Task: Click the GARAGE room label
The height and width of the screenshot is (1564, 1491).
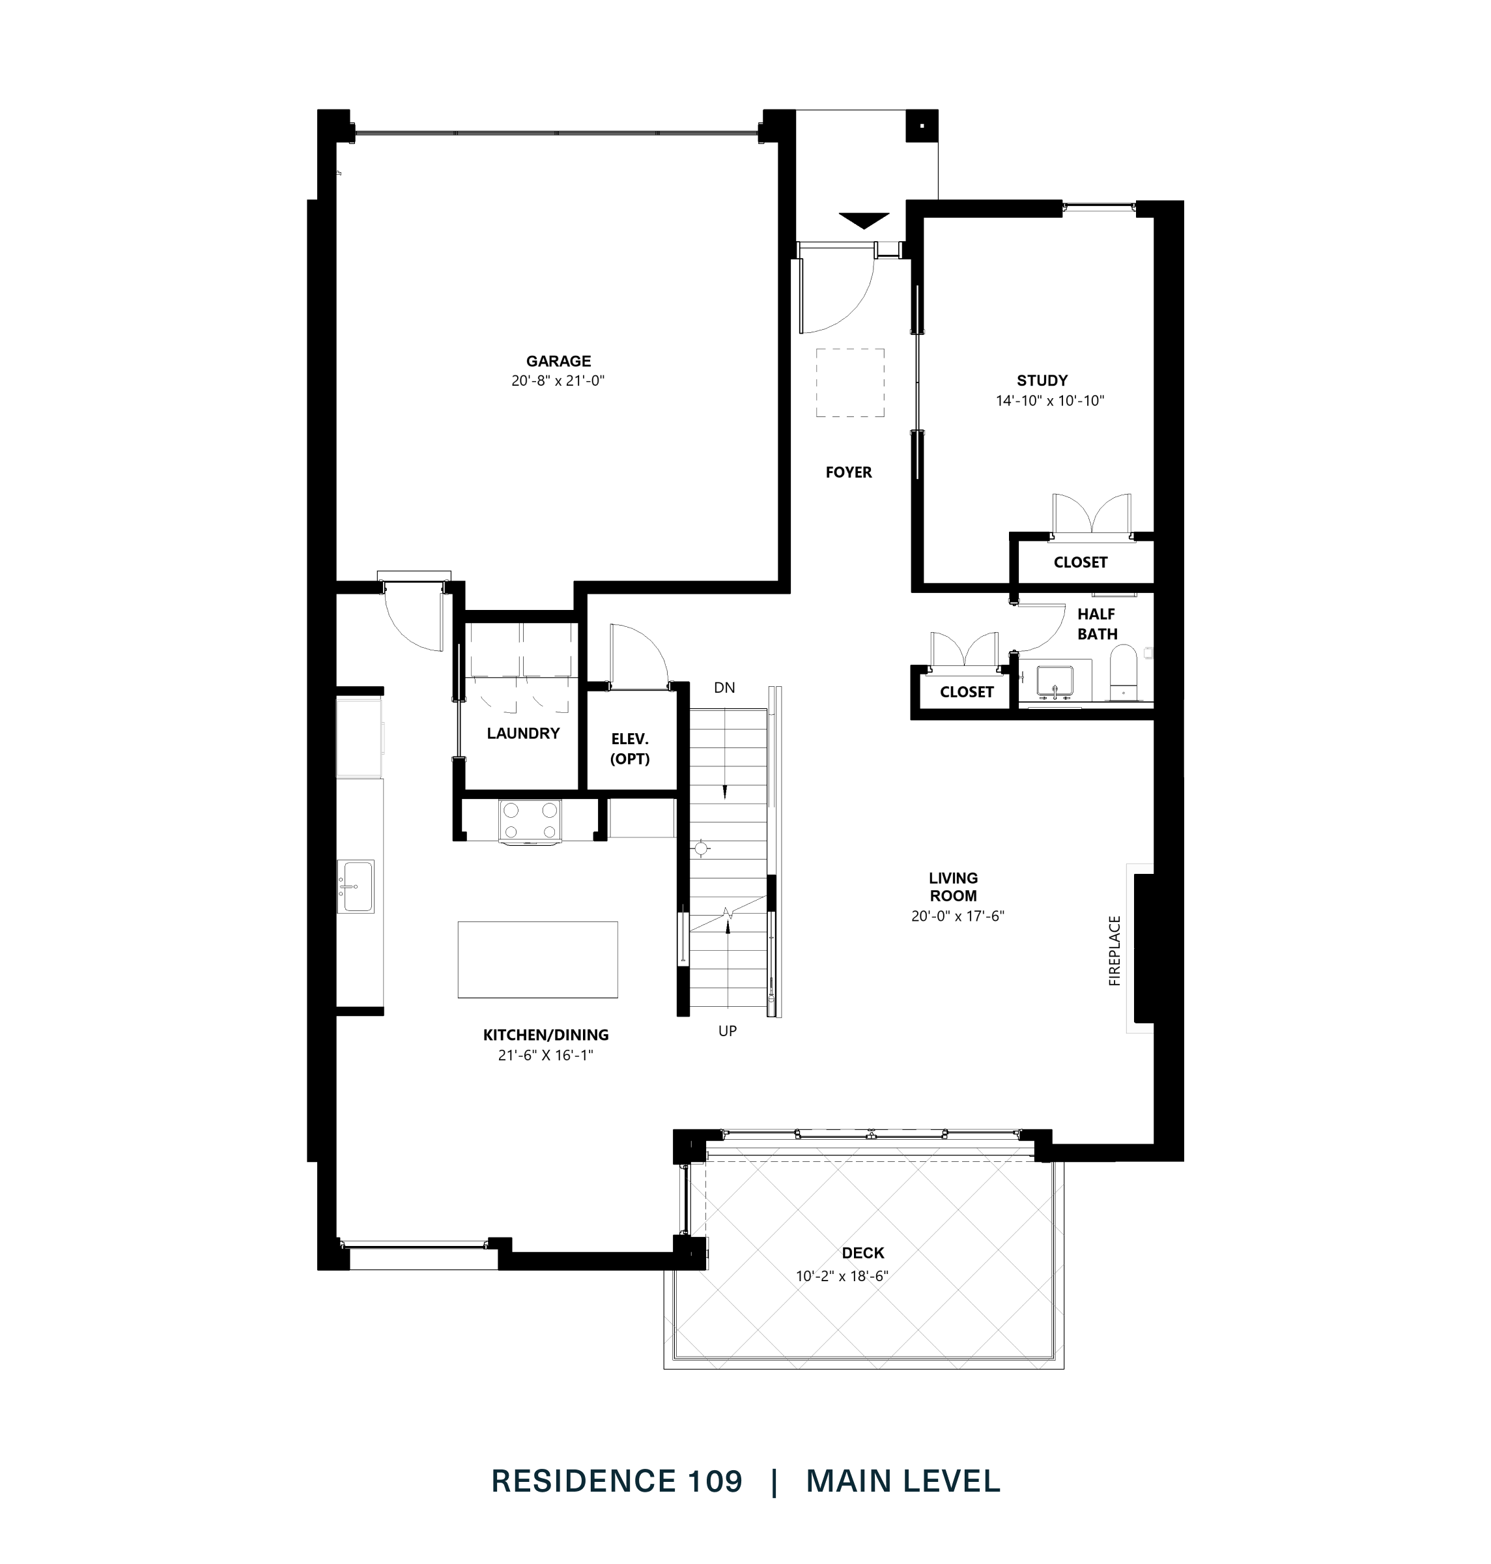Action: tap(558, 361)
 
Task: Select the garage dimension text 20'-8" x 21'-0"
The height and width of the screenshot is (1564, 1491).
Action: tap(558, 381)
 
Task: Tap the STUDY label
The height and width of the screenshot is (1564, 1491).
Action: tap(1042, 380)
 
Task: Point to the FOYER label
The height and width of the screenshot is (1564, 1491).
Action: tap(848, 472)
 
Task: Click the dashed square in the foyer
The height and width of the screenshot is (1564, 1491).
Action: tap(849, 383)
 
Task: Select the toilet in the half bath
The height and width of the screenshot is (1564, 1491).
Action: tap(1123, 673)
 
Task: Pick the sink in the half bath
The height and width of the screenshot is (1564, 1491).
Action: tap(1055, 682)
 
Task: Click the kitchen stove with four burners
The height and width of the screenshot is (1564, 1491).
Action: tap(530, 820)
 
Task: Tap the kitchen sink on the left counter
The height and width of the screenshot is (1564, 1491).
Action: tap(355, 885)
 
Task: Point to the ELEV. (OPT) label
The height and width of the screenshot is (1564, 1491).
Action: tap(629, 749)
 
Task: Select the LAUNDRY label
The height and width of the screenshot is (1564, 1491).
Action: tap(523, 733)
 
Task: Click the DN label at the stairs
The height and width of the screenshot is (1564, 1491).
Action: tap(724, 688)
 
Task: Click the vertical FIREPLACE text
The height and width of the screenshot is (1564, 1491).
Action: tap(1115, 951)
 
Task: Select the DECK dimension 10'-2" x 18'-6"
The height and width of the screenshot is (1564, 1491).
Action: tap(842, 1276)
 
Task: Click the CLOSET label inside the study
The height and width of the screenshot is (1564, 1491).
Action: tap(1080, 562)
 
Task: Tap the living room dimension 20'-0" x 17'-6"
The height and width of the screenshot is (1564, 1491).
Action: tap(958, 916)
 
